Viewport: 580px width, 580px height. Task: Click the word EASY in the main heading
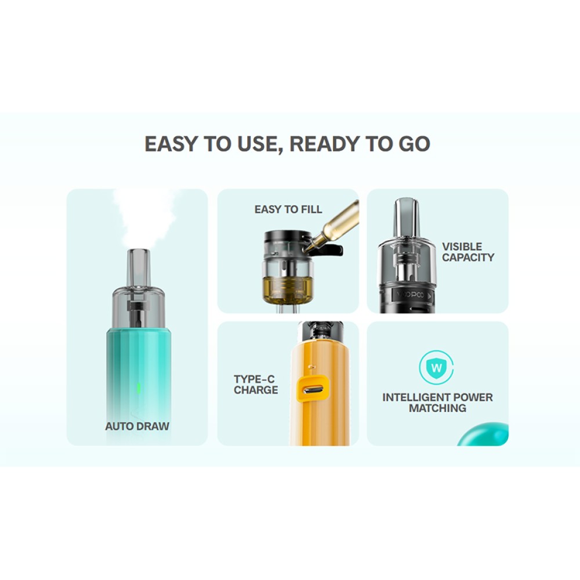[171, 144]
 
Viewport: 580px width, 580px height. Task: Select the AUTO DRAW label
[137, 426]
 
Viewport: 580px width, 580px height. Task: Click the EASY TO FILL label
[288, 209]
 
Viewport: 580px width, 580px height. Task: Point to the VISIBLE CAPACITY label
[468, 252]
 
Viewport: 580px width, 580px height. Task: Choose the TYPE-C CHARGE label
[256, 385]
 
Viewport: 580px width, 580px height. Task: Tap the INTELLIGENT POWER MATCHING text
[437, 403]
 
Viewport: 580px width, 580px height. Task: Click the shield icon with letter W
[437, 367]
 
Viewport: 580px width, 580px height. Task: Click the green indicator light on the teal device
[139, 387]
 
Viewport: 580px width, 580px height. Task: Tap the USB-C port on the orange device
[313, 390]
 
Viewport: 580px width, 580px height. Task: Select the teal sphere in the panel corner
[484, 434]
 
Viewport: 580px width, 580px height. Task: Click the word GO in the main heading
[414, 144]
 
